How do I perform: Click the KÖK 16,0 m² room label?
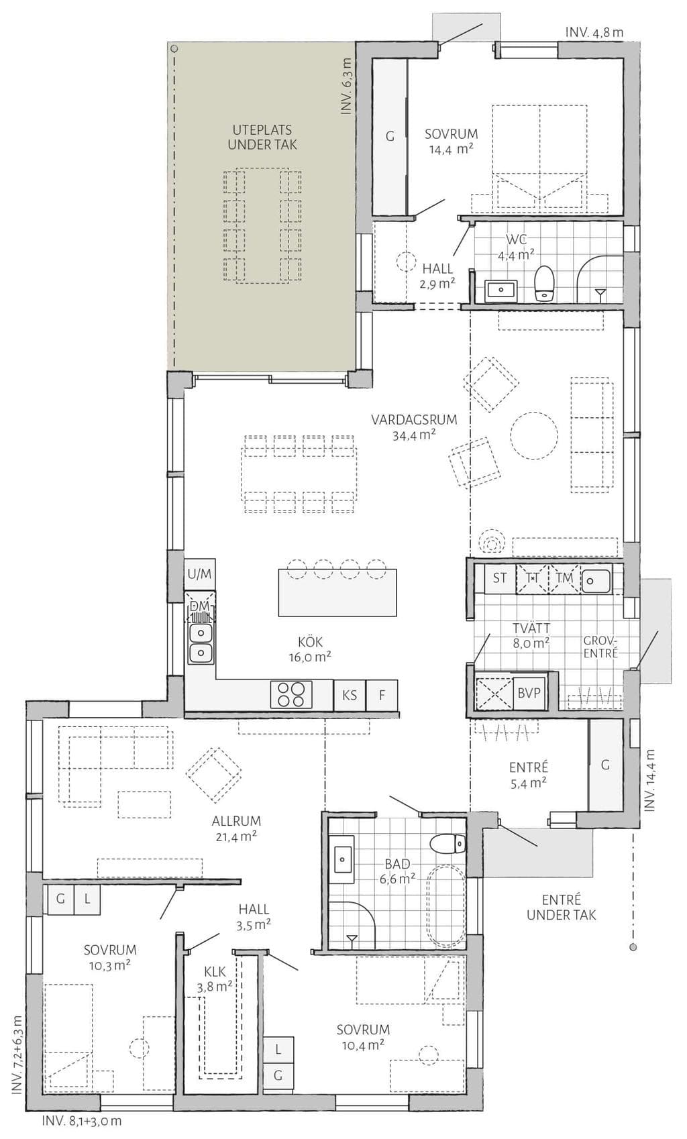pos(310,649)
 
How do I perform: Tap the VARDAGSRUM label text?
pos(414,420)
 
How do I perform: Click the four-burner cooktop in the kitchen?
pos(291,694)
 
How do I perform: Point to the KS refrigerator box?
pos(350,694)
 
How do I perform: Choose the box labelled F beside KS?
pos(382,694)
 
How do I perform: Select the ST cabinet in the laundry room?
pos(500,578)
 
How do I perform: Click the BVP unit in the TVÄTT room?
pos(529,693)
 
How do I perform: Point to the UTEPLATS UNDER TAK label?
pos(262,138)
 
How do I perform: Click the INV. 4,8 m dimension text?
pos(594,33)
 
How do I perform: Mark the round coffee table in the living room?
pos(534,436)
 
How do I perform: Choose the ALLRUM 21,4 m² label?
pos(236,828)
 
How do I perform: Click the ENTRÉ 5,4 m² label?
pos(529,774)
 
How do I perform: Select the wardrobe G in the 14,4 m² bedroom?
pos(390,136)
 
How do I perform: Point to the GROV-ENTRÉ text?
pos(600,646)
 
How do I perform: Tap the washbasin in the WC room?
pos(501,290)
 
